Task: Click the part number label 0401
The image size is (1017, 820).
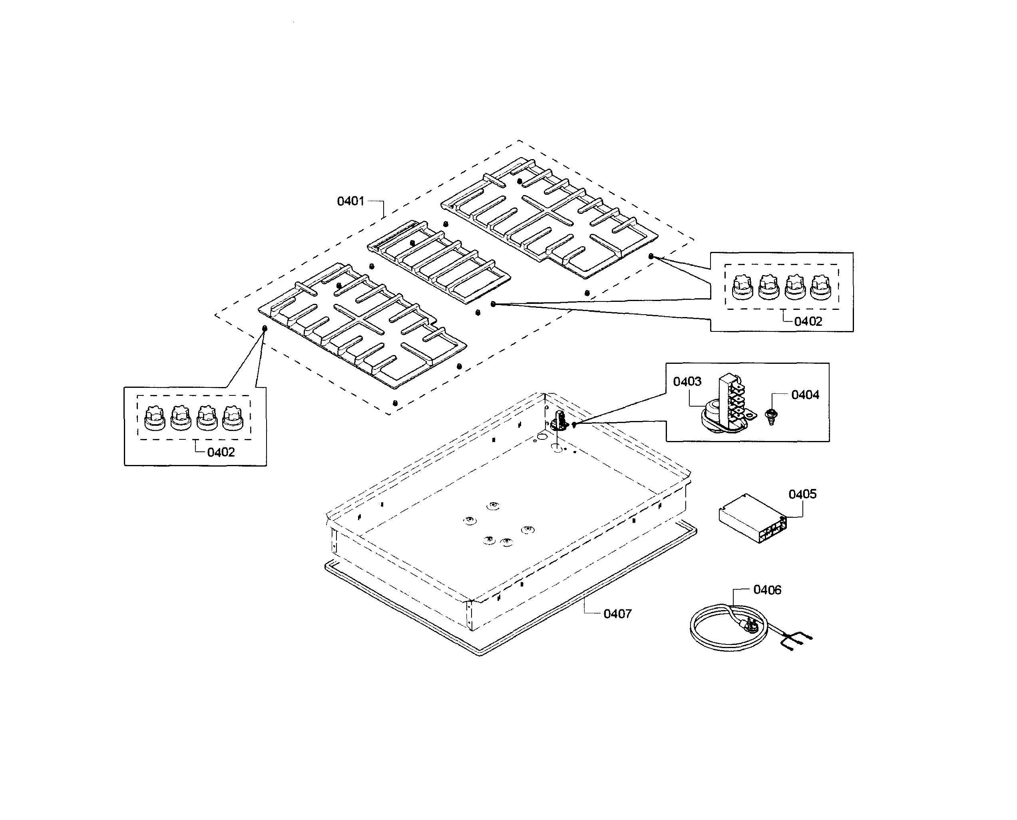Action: tap(350, 201)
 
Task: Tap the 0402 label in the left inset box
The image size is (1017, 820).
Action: tap(221, 452)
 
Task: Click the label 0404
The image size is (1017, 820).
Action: tap(805, 395)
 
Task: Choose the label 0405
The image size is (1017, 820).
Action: tap(802, 494)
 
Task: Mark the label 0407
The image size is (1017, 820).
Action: tap(617, 614)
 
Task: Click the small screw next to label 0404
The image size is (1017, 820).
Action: tap(772, 416)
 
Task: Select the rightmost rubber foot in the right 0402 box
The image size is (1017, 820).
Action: tap(820, 287)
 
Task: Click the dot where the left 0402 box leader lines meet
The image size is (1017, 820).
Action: tap(265, 328)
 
